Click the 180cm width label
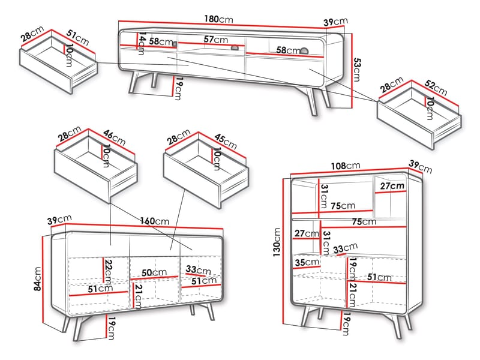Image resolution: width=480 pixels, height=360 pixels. (x=218, y=20)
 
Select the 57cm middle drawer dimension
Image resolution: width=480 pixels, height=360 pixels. (x=216, y=40)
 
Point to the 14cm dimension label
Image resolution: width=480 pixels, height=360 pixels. (x=142, y=44)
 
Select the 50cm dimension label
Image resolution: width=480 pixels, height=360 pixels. (x=154, y=272)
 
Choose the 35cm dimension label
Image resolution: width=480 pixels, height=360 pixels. (x=306, y=262)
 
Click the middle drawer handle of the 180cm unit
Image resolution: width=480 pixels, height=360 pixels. (x=235, y=49)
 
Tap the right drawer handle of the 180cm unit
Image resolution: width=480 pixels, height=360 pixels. (x=304, y=50)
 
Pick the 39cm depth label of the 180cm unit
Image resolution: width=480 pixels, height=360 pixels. (x=336, y=22)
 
